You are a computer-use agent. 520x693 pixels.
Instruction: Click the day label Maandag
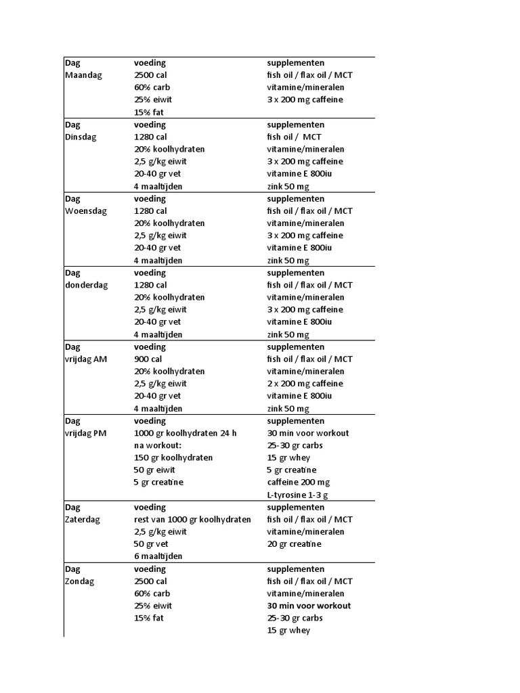pyautogui.click(x=83, y=75)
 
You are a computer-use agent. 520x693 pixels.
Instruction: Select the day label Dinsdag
pyautogui.click(x=81, y=137)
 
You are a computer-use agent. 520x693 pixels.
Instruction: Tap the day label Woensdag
pyautogui.click(x=86, y=211)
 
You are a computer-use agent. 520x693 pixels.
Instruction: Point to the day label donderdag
pyautogui.click(x=86, y=285)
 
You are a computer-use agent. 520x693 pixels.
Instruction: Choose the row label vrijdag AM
pyautogui.click(x=86, y=359)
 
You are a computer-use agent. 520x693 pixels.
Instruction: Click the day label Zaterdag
pyautogui.click(x=83, y=520)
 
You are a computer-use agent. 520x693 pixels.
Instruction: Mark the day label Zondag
pyautogui.click(x=80, y=581)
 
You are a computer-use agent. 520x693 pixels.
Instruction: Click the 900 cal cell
pyautogui.click(x=148, y=359)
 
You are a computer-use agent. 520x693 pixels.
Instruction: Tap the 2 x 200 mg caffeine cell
pyautogui.click(x=305, y=384)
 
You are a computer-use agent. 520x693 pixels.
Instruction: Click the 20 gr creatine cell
pyautogui.click(x=294, y=544)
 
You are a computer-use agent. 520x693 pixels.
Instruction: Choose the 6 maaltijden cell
pyautogui.click(x=158, y=556)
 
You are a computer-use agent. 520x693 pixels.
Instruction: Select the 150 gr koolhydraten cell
pyautogui.click(x=173, y=457)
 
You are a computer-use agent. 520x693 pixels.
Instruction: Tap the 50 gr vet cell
pyautogui.click(x=151, y=544)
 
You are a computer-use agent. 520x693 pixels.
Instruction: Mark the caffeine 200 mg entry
pyautogui.click(x=297, y=483)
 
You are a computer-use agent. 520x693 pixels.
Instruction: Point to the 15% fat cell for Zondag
pyautogui.click(x=149, y=618)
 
